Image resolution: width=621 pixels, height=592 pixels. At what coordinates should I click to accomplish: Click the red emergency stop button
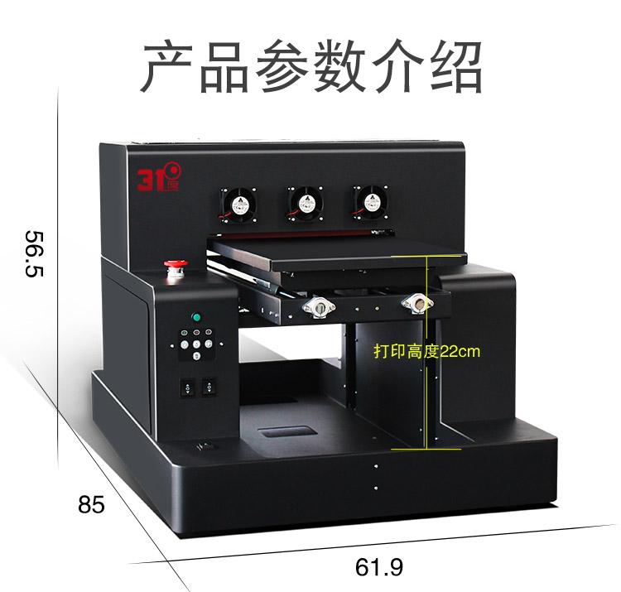click(176, 267)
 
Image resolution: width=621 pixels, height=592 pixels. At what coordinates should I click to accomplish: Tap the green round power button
click(196, 317)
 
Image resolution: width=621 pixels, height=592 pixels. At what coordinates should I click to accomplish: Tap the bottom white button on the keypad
click(196, 356)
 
